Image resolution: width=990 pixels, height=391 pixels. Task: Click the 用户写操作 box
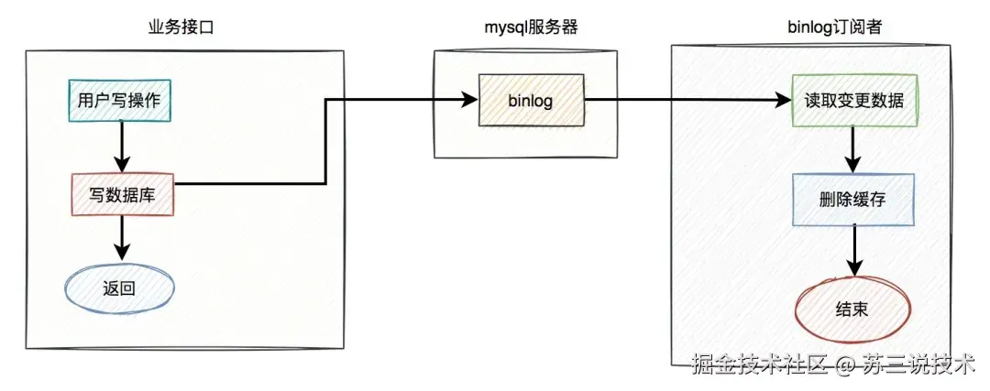(x=120, y=101)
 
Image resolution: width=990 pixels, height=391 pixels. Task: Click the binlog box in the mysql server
(x=530, y=100)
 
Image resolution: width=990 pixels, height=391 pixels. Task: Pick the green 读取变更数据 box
(x=853, y=101)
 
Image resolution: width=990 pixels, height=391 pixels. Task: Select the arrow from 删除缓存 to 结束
(x=853, y=251)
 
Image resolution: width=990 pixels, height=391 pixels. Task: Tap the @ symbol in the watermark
(x=845, y=365)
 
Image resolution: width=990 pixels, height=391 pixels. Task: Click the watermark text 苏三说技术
(x=917, y=365)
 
